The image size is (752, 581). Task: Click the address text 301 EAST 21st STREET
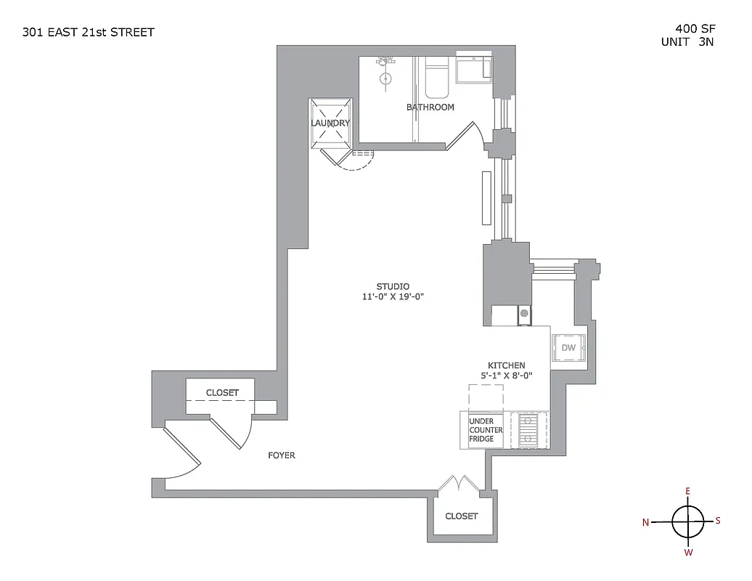(x=88, y=32)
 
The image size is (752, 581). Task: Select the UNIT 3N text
(x=687, y=42)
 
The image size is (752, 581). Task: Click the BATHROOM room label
(x=430, y=107)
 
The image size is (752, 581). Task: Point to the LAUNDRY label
(x=330, y=123)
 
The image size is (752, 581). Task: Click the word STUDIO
(x=393, y=286)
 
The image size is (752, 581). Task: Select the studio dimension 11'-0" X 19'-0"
(x=393, y=297)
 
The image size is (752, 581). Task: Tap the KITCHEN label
(x=506, y=365)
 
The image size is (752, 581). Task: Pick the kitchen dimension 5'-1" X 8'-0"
(x=506, y=376)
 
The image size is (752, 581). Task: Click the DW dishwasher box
(x=568, y=349)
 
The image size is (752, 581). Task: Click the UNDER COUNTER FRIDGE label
(x=486, y=430)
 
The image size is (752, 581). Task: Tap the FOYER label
(x=282, y=456)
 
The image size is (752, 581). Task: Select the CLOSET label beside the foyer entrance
(x=222, y=393)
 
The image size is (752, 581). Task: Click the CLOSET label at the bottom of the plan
(x=462, y=516)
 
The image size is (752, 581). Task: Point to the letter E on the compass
(x=687, y=491)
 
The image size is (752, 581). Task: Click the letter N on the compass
(x=646, y=522)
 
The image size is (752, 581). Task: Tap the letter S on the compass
(x=718, y=520)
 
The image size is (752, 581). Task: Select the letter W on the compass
(x=688, y=553)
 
